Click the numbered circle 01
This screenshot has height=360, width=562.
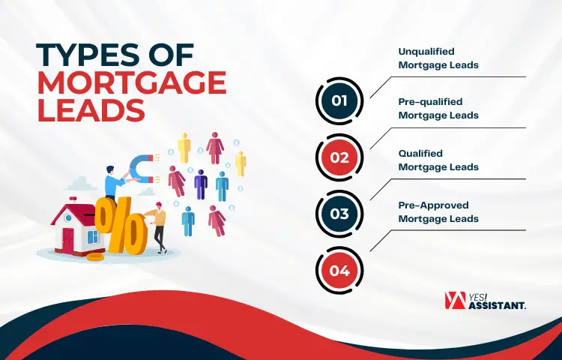(339, 100)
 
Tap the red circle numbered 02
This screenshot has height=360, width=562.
(339, 157)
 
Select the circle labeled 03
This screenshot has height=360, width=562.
(339, 214)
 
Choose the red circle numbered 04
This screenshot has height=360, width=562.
(339, 271)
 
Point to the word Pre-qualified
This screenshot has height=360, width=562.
(430, 101)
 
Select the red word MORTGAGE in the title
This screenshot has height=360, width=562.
(132, 83)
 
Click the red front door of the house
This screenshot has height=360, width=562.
(68, 241)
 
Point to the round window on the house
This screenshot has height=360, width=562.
(72, 217)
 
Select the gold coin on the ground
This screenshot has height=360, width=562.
(95, 256)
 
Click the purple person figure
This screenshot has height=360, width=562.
(200, 183)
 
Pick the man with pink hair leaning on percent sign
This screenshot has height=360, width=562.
(157, 225)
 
